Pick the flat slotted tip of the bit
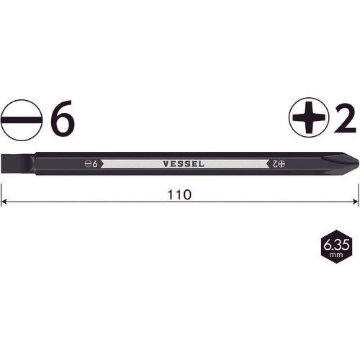click(x=9, y=163)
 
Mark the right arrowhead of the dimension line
click(x=354, y=203)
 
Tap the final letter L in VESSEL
click(x=202, y=163)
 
